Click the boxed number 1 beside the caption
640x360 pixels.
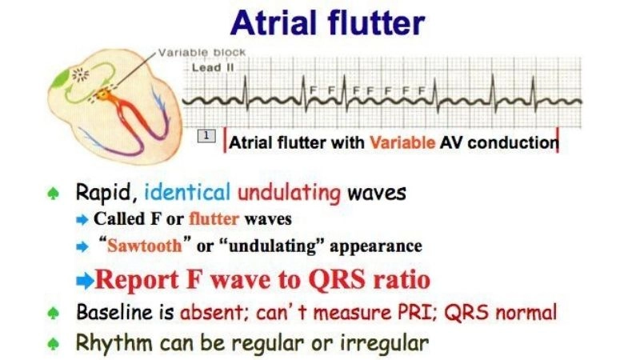tap(206, 138)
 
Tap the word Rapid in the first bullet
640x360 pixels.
tap(105, 194)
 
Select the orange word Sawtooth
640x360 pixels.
tap(148, 246)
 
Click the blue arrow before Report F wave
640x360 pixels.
tap(84, 281)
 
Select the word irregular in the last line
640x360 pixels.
tap(385, 343)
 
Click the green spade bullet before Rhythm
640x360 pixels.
tap(53, 343)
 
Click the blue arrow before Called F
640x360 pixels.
tap(83, 219)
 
